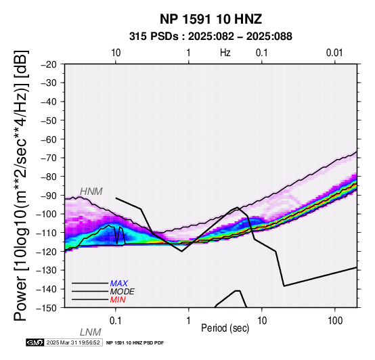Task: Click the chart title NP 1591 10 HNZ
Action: pos(211,19)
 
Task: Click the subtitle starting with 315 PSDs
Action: pos(211,37)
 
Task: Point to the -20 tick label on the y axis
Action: pos(49,64)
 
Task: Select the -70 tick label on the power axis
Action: pos(49,158)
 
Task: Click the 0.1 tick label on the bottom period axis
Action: pos(116,321)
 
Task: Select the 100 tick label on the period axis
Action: pos(335,321)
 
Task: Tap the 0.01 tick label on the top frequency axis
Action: pos(334,53)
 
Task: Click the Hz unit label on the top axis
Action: pos(225,53)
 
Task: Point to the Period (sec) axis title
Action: pos(225,328)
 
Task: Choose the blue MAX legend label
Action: pos(119,284)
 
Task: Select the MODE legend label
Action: pos(123,292)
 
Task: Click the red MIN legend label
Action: pos(118,300)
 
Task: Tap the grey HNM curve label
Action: pos(91,192)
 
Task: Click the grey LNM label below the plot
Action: pos(91,332)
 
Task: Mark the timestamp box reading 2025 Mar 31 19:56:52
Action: pos(74,342)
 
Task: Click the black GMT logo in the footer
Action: pos(35,342)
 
